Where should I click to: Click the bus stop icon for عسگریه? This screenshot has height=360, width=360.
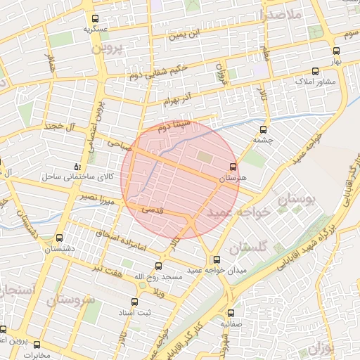point(96,19)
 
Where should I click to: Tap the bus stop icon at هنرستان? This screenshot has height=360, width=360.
point(233,167)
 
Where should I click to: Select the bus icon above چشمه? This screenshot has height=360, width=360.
point(264,129)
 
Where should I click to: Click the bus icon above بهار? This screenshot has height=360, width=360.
point(336,51)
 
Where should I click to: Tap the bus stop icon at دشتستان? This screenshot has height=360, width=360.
point(59,238)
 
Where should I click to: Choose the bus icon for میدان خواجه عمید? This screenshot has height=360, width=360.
point(217,259)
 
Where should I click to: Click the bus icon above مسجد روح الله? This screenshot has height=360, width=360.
point(158,266)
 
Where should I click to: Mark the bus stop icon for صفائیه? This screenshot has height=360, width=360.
point(230,314)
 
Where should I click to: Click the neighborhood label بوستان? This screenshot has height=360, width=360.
point(298,201)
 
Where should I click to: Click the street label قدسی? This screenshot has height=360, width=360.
point(153,210)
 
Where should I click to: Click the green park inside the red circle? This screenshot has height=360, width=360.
point(204,157)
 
